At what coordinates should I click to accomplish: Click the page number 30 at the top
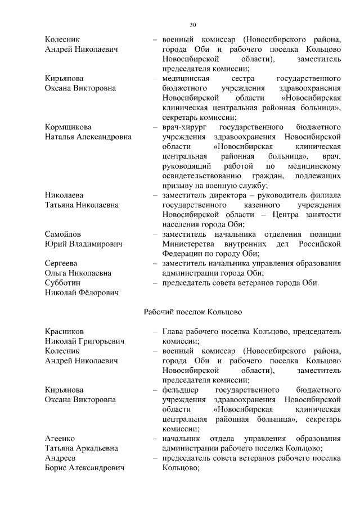193,25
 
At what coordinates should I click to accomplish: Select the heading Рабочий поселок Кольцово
193,312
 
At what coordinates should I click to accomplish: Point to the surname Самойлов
62,234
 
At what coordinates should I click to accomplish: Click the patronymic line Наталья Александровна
85,137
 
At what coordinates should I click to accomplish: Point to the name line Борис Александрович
84,468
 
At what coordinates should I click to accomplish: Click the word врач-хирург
184,127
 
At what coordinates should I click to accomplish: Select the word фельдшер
180,390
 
